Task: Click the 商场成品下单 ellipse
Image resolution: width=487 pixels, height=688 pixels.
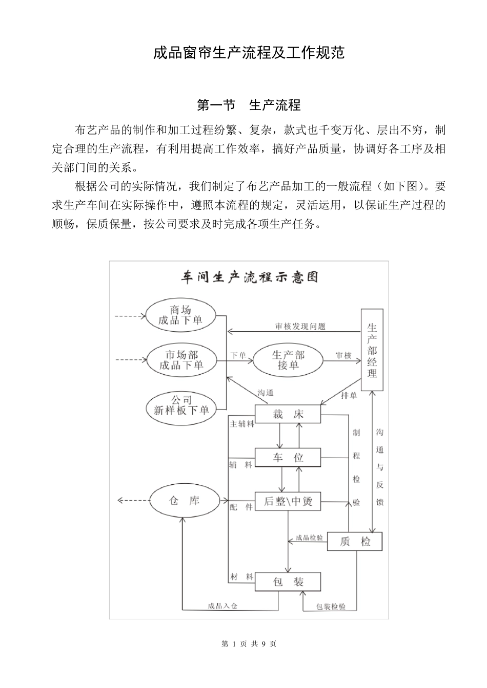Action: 180,315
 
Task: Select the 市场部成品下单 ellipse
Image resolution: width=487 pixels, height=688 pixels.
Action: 181,360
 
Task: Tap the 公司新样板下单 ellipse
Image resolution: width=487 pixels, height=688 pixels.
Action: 181,405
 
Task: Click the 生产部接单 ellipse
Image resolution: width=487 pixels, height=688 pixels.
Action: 288,360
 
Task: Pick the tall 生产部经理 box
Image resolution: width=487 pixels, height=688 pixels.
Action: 372,350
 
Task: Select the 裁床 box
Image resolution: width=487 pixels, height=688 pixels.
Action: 288,414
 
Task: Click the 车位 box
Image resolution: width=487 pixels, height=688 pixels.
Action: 288,457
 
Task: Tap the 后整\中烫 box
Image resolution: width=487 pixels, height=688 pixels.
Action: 288,501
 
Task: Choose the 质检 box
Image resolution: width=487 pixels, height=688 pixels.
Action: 355,542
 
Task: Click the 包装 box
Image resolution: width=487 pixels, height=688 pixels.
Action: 288,582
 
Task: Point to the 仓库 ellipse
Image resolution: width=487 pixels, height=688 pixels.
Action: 184,501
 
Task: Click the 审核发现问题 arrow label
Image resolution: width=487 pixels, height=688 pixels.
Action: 300,326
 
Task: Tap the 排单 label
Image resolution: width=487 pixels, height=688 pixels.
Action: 349,395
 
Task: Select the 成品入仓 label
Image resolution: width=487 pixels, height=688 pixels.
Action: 222,606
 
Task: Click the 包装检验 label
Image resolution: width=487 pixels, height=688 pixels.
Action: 331,607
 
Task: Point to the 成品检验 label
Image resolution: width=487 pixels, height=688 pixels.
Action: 309,538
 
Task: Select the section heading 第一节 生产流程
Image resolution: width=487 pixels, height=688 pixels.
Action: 249,105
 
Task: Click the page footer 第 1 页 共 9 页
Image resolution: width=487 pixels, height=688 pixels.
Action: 249,644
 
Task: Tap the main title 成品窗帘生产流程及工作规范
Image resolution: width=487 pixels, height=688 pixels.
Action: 249,52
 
